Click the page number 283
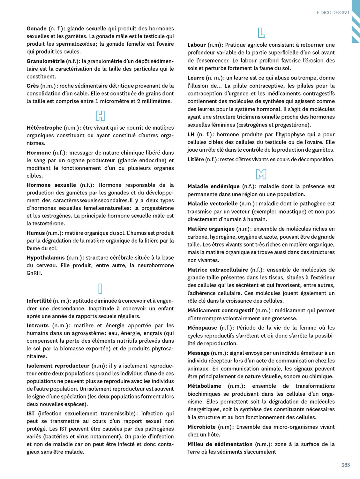[x=345, y=465]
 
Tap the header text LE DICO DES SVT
[x=332, y=12]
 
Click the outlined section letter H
[x=100, y=116]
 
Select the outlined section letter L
[x=261, y=33]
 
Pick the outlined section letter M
[x=261, y=174]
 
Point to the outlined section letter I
[x=100, y=288]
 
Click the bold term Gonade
[x=36, y=29]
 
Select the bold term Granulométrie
[x=45, y=61]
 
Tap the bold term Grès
[x=33, y=86]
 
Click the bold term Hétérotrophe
[x=44, y=128]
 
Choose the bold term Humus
[x=35, y=233]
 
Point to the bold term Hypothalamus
[x=46, y=258]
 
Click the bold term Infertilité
[x=39, y=301]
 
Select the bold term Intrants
[x=38, y=325]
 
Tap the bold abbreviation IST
[x=31, y=414]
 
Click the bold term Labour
[x=197, y=45]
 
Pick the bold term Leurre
[x=196, y=78]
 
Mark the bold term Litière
[x=196, y=159]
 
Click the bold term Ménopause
[x=202, y=328]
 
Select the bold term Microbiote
[x=201, y=427]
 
